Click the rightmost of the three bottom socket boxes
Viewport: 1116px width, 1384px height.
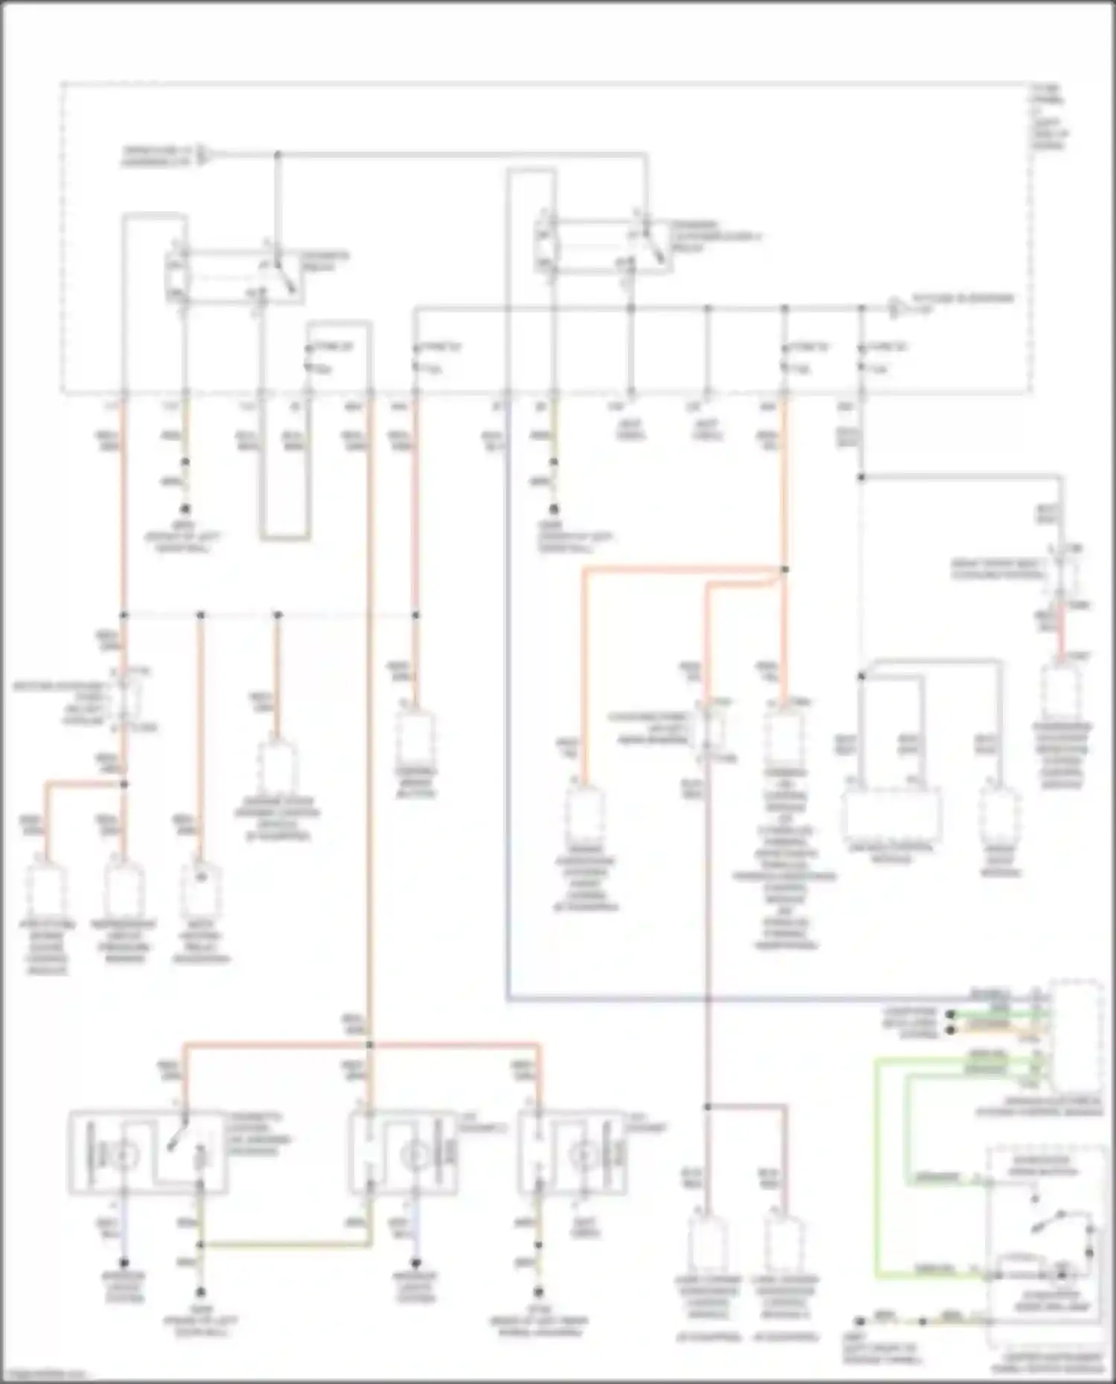click(x=572, y=1153)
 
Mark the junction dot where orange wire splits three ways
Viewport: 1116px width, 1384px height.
click(x=370, y=1045)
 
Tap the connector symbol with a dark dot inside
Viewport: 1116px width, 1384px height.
click(x=200, y=885)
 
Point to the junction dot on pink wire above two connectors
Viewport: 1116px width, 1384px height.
click(x=708, y=1107)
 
